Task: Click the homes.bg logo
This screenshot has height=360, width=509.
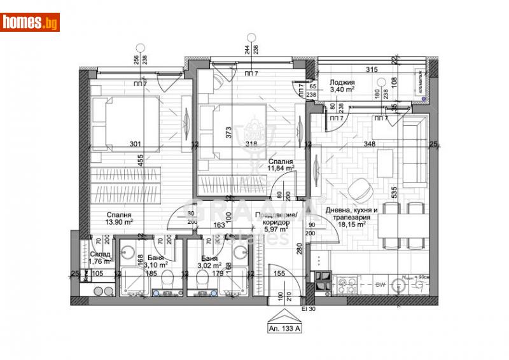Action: click(30, 22)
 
